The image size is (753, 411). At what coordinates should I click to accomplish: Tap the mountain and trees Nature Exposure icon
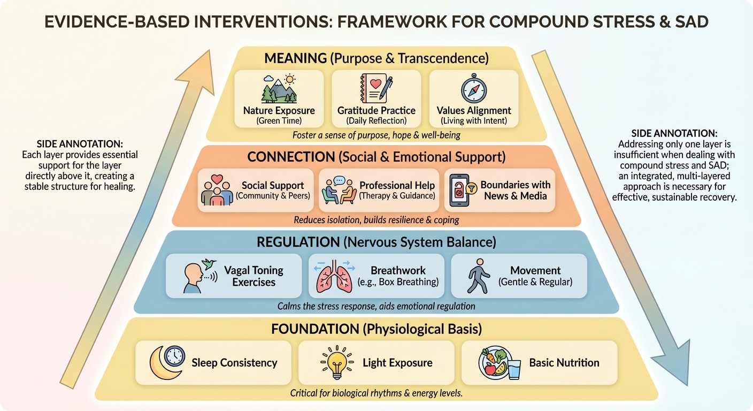pos(279,89)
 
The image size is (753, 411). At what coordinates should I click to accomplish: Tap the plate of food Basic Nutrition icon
pos(499,363)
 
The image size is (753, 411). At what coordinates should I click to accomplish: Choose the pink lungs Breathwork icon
pos(332,276)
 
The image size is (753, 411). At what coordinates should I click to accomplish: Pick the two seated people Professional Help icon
pos(339,191)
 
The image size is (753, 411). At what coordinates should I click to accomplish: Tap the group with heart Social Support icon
pos(217,191)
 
